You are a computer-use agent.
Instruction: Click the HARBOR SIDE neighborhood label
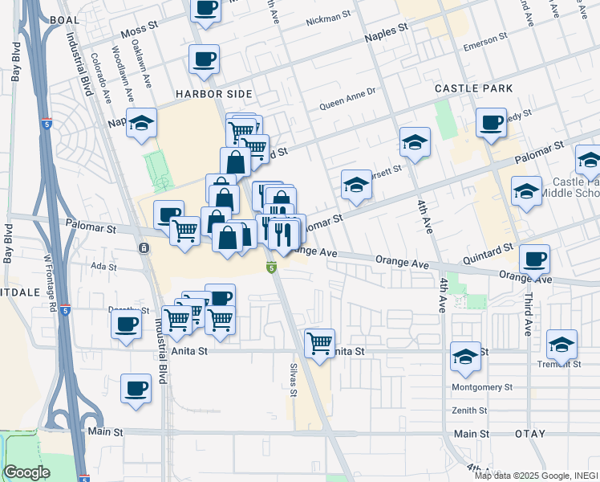[209, 94]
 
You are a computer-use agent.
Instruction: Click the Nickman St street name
[329, 17]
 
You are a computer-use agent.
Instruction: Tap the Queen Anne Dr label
[347, 97]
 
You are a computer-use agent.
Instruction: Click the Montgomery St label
[482, 387]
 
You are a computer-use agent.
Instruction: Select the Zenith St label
[470, 411]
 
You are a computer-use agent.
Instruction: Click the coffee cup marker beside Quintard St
[534, 259]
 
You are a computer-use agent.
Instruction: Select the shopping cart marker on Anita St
[320, 343]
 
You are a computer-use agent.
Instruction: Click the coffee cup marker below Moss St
[204, 59]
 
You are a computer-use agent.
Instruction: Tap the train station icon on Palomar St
[143, 247]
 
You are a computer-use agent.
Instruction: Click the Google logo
[27, 473]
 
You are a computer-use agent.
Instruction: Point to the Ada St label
[104, 267]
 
